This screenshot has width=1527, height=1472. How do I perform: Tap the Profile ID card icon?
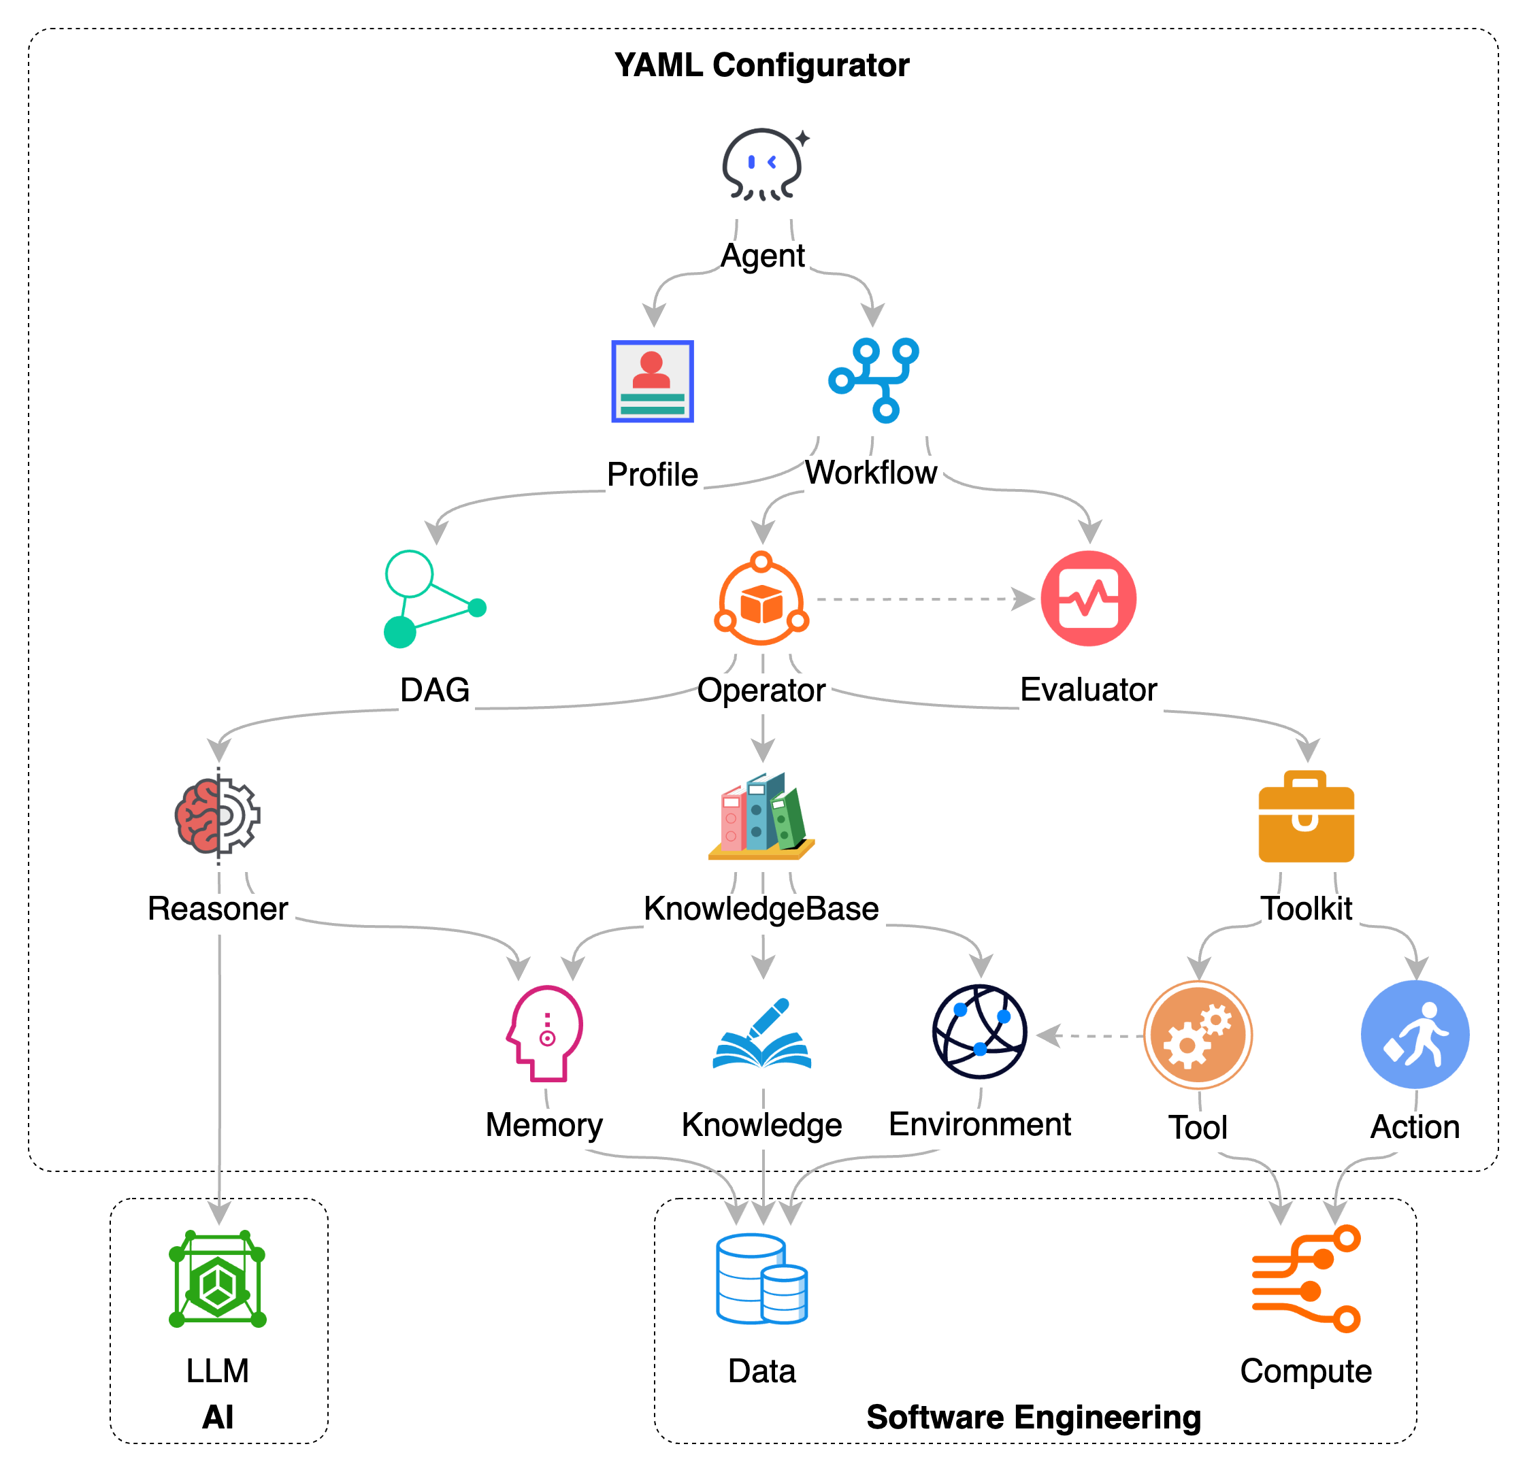pyautogui.click(x=652, y=381)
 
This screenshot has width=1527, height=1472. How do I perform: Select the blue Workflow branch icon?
pyautogui.click(x=873, y=380)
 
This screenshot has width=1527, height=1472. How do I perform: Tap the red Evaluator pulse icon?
pyautogui.click(x=1088, y=598)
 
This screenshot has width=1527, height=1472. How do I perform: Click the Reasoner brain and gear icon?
pyautogui.click(x=218, y=816)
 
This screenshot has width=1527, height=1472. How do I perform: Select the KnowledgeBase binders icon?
pyautogui.click(x=761, y=816)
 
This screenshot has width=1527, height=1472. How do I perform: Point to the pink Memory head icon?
pyautogui.click(x=545, y=1033)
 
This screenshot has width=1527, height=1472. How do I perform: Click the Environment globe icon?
pyautogui.click(x=979, y=1032)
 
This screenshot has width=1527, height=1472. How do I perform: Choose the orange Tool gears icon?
pyautogui.click(x=1198, y=1035)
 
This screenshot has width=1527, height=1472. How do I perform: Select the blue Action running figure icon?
pyautogui.click(x=1415, y=1035)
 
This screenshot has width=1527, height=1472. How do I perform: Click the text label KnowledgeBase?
pyautogui.click(x=762, y=909)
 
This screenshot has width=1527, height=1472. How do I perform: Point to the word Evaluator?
pyautogui.click(x=1089, y=690)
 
